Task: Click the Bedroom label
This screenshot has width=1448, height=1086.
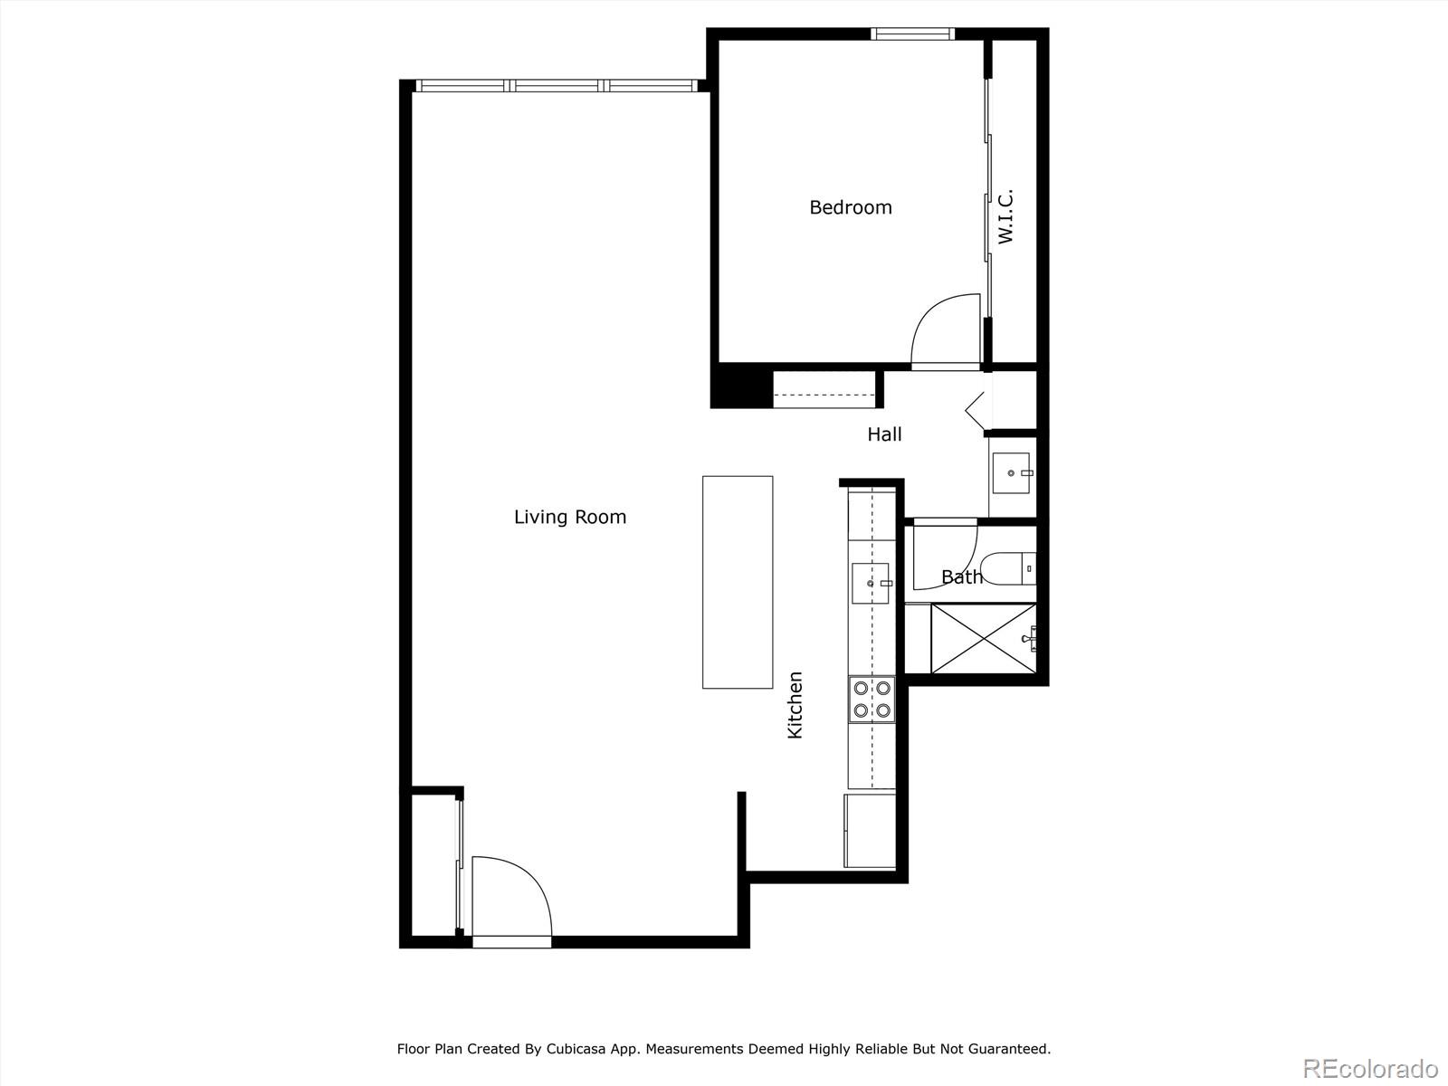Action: click(x=850, y=207)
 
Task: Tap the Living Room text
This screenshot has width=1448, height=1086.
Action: click(x=569, y=517)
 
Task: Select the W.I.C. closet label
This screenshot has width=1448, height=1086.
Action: click(x=1005, y=216)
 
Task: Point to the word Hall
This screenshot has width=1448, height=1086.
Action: click(x=884, y=434)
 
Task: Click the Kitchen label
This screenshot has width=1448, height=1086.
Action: click(x=795, y=705)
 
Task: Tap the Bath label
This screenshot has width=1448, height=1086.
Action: click(x=961, y=577)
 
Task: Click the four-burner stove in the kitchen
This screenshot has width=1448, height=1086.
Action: click(x=872, y=700)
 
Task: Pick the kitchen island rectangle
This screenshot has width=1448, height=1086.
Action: click(x=738, y=582)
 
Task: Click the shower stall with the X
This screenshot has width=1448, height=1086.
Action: click(x=983, y=639)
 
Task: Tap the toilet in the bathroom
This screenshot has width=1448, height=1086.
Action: click(x=1009, y=568)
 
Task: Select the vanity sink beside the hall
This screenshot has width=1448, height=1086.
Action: click(x=1011, y=472)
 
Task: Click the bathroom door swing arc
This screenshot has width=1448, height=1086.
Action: click(x=944, y=555)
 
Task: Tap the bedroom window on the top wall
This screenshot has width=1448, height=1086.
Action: click(x=912, y=34)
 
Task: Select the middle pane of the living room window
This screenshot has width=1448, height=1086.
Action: click(x=557, y=86)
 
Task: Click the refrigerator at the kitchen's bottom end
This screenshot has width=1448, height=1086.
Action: click(x=871, y=830)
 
